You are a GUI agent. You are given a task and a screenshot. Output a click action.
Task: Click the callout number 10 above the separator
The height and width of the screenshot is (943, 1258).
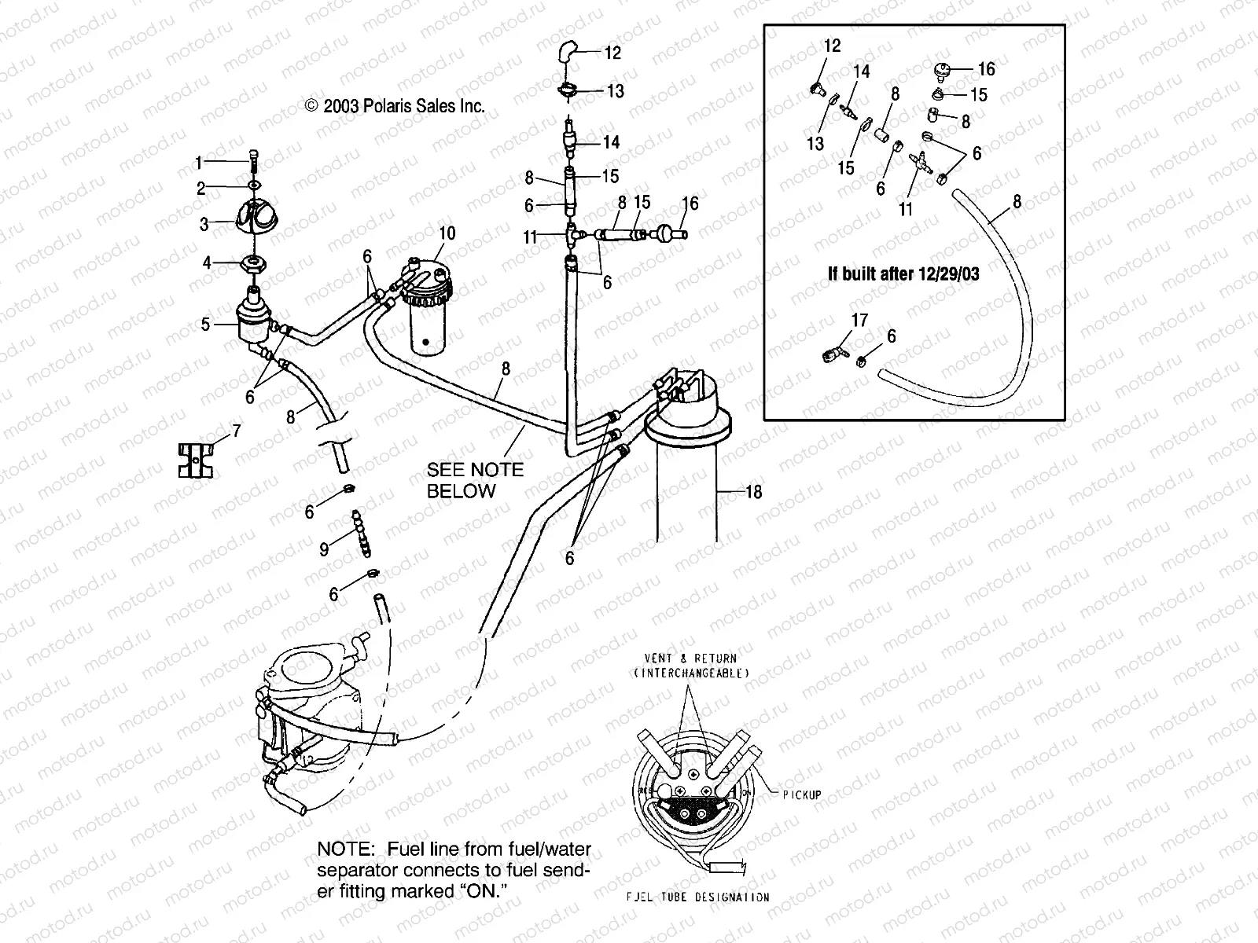[447, 233]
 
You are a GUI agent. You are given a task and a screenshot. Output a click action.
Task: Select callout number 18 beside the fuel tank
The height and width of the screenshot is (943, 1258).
[752, 493]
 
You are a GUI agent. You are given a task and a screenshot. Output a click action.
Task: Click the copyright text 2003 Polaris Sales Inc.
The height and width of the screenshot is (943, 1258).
[395, 106]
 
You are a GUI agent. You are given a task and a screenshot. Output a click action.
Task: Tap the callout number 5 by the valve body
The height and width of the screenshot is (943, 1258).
[205, 324]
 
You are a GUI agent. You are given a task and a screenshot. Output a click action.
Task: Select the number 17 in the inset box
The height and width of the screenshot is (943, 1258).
[859, 320]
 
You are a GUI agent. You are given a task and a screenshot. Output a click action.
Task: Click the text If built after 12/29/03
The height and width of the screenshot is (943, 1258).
[903, 274]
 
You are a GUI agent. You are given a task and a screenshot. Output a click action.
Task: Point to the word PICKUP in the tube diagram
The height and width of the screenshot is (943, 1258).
[801, 794]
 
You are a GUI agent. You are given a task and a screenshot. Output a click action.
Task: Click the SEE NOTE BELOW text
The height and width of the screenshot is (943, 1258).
[474, 480]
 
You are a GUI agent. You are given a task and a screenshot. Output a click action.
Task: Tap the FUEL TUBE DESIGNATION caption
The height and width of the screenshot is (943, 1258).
[697, 897]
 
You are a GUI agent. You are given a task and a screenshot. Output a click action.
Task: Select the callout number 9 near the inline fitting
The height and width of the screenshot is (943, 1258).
[324, 549]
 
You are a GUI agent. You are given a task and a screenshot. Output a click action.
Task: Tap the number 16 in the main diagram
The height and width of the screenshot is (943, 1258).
[690, 204]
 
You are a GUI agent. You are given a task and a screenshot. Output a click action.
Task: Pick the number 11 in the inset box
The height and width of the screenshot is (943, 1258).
[905, 210]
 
